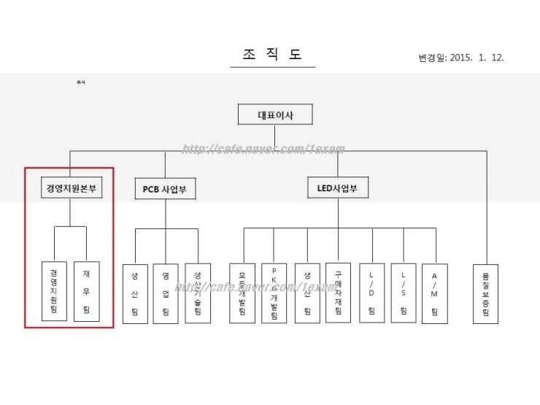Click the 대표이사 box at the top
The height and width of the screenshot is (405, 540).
point(275,115)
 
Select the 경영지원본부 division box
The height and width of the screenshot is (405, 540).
point(71,189)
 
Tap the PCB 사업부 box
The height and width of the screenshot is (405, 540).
point(165,190)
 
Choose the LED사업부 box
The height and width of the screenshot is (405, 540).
point(338,188)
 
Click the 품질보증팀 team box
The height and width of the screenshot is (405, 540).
point(485,293)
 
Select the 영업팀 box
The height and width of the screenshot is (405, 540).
point(166,293)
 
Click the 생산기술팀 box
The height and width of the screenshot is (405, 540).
point(197,293)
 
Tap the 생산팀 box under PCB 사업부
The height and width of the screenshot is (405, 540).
point(135,293)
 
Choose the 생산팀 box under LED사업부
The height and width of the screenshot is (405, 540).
point(307,293)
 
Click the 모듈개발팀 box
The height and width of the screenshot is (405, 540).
point(242,293)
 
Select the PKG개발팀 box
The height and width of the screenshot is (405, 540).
point(274,293)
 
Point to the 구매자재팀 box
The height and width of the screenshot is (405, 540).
point(339,293)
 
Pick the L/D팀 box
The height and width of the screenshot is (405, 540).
point(371,293)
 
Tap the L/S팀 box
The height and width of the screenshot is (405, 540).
point(403,293)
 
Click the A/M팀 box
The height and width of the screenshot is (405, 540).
point(435,293)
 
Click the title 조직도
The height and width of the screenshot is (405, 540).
point(272,55)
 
